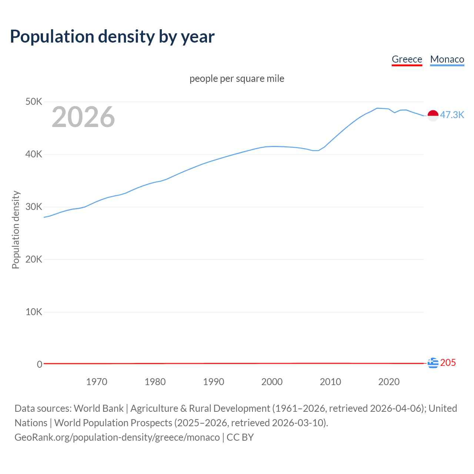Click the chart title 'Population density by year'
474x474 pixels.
click(x=112, y=36)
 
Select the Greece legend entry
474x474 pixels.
click(x=407, y=59)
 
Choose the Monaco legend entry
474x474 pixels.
click(x=447, y=59)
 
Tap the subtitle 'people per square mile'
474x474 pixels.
click(x=237, y=79)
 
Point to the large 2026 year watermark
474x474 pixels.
click(x=83, y=117)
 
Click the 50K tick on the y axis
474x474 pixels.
click(x=34, y=101)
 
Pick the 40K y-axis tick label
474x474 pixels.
click(x=34, y=154)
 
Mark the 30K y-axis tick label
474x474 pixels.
click(x=34, y=207)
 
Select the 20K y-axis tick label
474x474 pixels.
click(x=34, y=259)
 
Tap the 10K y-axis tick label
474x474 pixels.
click(x=34, y=312)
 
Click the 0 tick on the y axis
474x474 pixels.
click(x=39, y=364)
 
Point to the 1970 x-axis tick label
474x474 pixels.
click(x=97, y=382)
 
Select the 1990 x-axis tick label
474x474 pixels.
click(x=214, y=382)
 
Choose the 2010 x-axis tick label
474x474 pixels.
click(x=330, y=382)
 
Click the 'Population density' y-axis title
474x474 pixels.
click(x=16, y=230)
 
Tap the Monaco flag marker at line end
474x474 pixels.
click(x=433, y=116)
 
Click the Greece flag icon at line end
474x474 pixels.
click(x=433, y=363)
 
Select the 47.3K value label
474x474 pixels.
click(x=452, y=115)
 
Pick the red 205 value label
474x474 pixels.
click(x=448, y=363)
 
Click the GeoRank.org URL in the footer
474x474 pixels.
click(x=117, y=437)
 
